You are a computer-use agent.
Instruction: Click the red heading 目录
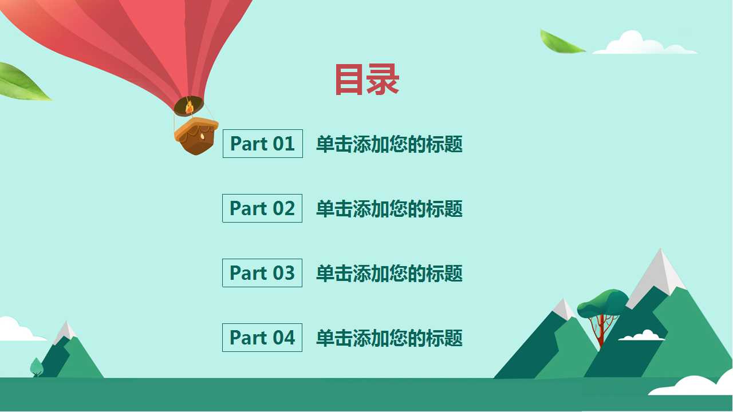click(366, 80)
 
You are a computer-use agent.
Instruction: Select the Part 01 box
click(262, 144)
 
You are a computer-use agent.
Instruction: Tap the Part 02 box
click(262, 208)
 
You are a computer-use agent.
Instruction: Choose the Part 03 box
click(262, 273)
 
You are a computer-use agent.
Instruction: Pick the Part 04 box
click(262, 338)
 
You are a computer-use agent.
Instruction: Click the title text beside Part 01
click(389, 144)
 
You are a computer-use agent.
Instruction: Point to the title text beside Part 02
click(389, 209)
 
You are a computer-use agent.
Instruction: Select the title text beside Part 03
click(389, 274)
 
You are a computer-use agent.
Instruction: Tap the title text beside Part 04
click(389, 338)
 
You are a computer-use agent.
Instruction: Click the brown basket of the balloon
click(196, 137)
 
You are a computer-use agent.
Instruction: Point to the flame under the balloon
click(189, 107)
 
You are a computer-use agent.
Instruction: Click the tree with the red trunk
click(601, 312)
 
